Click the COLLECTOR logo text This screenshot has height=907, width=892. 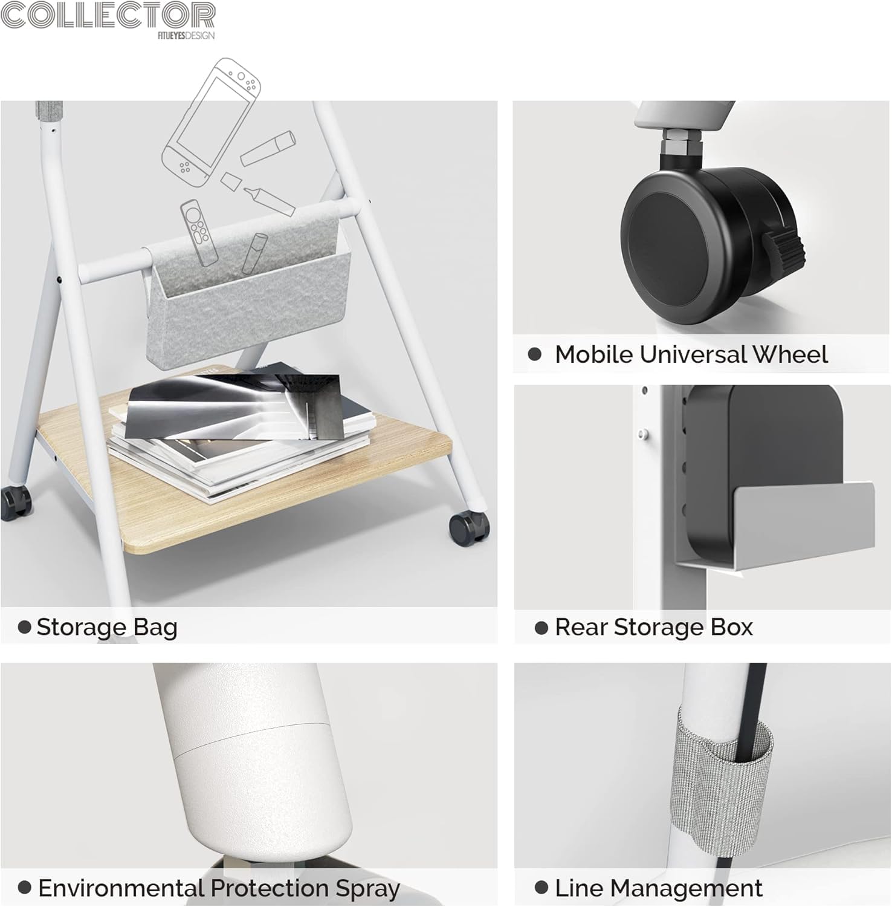coord(108,15)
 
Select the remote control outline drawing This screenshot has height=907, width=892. coord(198,233)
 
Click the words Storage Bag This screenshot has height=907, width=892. coord(107,627)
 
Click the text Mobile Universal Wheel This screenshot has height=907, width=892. coord(691,354)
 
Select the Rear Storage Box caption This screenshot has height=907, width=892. coord(654,627)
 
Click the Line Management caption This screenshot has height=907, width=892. coord(659,888)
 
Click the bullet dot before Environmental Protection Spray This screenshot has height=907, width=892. coord(25,888)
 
